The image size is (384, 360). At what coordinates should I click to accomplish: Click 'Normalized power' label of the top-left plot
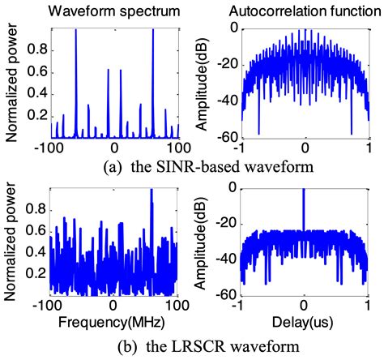11,81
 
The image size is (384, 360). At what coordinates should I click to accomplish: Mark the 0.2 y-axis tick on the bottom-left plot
35,275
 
